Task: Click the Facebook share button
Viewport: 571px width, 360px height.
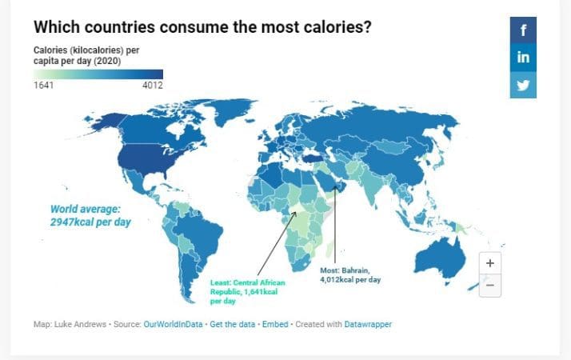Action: pos(523,30)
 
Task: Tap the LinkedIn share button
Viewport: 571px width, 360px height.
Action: pos(523,57)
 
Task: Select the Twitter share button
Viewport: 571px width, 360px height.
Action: pos(523,84)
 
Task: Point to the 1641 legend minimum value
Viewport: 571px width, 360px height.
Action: pos(43,86)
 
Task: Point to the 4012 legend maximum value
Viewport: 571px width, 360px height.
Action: pos(152,86)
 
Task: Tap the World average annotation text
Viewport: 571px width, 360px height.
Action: pos(90,215)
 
